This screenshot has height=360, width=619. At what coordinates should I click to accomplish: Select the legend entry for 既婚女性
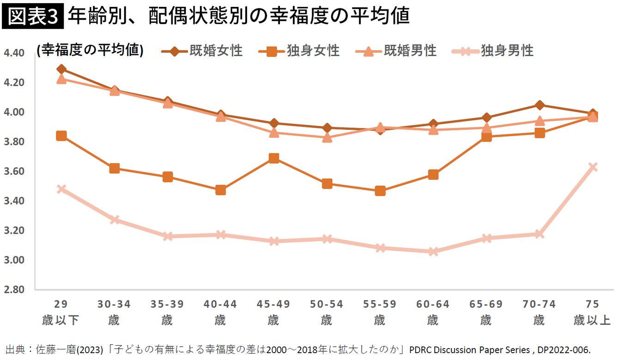pos(203,50)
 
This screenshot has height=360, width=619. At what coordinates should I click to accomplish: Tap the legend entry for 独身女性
pos(300,50)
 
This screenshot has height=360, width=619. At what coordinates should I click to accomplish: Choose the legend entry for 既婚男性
pos(397,50)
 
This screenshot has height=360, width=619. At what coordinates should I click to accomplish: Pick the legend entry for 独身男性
pos(494,50)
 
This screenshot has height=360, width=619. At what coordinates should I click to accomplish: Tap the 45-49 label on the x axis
pos(273,305)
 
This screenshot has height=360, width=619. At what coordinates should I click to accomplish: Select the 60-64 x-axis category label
pos(433,305)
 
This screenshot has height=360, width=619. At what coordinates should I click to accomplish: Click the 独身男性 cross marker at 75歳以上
pos(592,167)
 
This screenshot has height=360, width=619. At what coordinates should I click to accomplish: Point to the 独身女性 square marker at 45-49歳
pos(273,159)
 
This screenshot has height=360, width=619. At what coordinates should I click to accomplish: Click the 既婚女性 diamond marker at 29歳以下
pos(61,69)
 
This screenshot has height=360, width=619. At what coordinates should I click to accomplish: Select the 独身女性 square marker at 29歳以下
pos(61,136)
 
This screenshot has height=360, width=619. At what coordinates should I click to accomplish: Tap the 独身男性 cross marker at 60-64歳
pos(433,252)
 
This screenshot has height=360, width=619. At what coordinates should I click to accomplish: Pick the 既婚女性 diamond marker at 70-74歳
pos(539,105)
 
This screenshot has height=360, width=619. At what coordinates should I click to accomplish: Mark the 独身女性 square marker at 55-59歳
pos(380,191)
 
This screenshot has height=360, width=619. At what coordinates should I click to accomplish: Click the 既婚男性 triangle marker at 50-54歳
pos(327,137)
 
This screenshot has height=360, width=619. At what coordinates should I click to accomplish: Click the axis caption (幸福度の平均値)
pos(90,50)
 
